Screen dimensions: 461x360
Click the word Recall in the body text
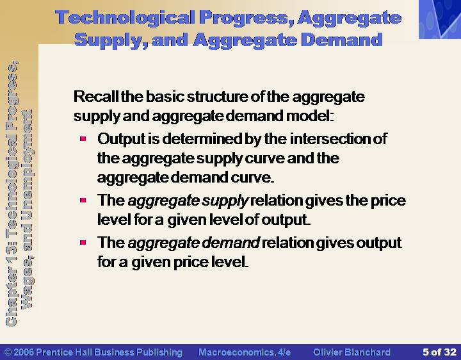tap(97, 97)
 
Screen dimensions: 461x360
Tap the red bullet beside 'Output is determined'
tap(83, 138)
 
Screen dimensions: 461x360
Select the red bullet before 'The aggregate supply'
tap(83, 200)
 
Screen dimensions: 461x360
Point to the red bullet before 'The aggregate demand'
tap(83, 242)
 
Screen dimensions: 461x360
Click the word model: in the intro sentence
tap(310, 115)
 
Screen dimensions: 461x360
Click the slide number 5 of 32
tap(439, 352)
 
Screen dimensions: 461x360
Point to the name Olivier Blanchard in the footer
tap(352, 352)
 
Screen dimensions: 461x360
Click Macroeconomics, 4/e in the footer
tap(245, 352)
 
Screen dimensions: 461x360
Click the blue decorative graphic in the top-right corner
tap(440, 19)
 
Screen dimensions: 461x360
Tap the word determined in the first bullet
tap(202, 138)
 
